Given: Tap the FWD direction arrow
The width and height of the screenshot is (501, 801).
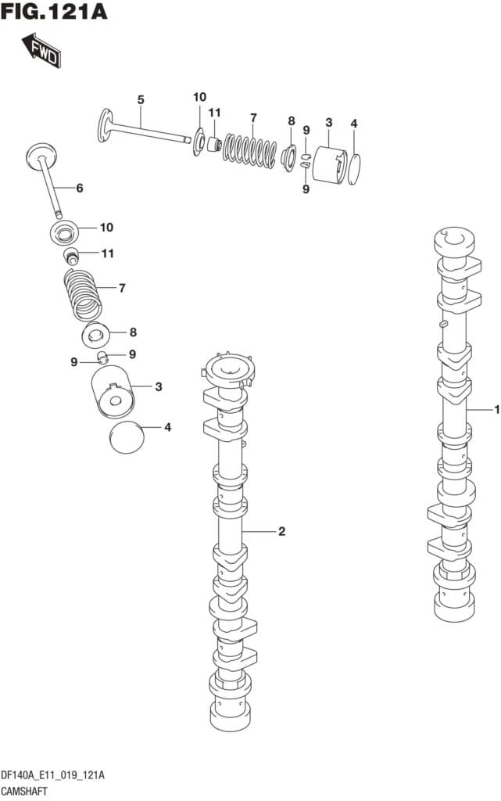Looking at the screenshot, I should [x=41, y=51].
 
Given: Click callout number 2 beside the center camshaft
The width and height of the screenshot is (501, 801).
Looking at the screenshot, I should [x=281, y=532].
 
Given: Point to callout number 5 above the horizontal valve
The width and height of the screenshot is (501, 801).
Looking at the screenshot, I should [x=141, y=99].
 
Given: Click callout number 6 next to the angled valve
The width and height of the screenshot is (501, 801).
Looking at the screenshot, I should [x=79, y=188].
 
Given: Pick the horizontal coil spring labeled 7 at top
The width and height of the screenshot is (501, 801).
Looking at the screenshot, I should [x=251, y=148].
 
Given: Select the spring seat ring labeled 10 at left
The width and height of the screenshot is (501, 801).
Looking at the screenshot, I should [x=65, y=232].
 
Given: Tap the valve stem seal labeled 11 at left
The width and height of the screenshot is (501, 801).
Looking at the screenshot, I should [x=72, y=256].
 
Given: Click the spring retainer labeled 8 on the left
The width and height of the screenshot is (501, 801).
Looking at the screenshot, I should [x=98, y=336].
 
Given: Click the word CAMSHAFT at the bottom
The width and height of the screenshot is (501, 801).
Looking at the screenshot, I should [x=27, y=791].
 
